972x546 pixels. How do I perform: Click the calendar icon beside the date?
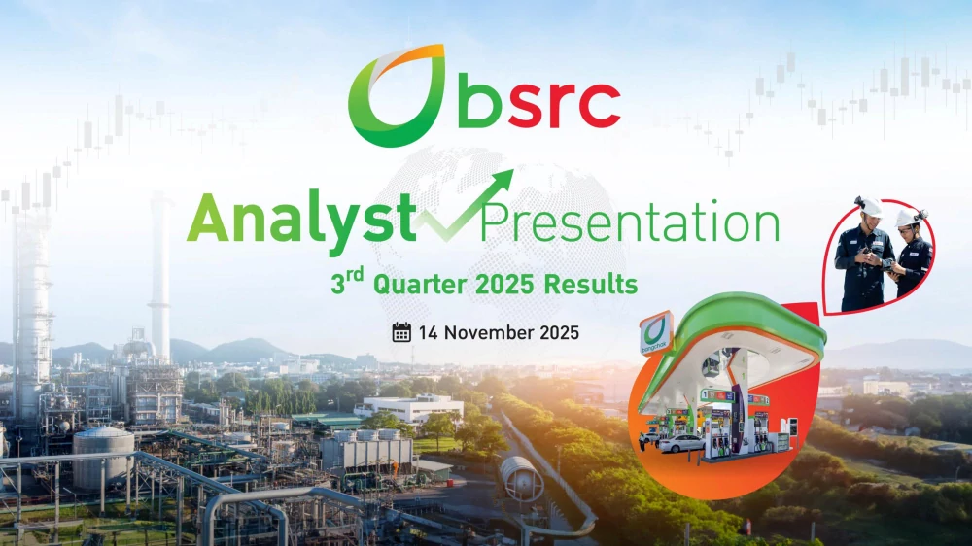(x=401, y=332)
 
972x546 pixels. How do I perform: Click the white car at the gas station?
(x=681, y=443)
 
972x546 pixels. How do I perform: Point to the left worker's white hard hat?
(x=871, y=206)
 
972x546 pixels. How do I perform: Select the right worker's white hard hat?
(x=907, y=218)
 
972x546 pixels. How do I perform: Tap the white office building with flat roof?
(x=408, y=408)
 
